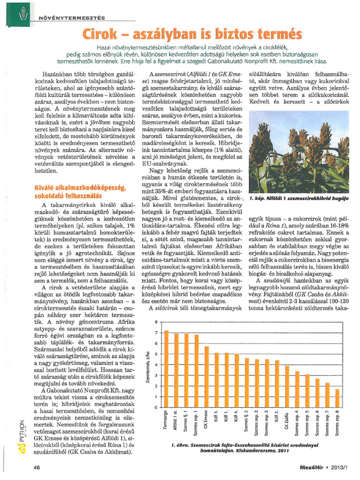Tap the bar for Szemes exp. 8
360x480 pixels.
[x=337, y=398]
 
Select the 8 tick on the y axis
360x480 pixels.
[x=156, y=322]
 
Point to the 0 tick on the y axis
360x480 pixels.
[x=156, y=407]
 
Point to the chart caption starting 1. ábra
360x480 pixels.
[x=244, y=447]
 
